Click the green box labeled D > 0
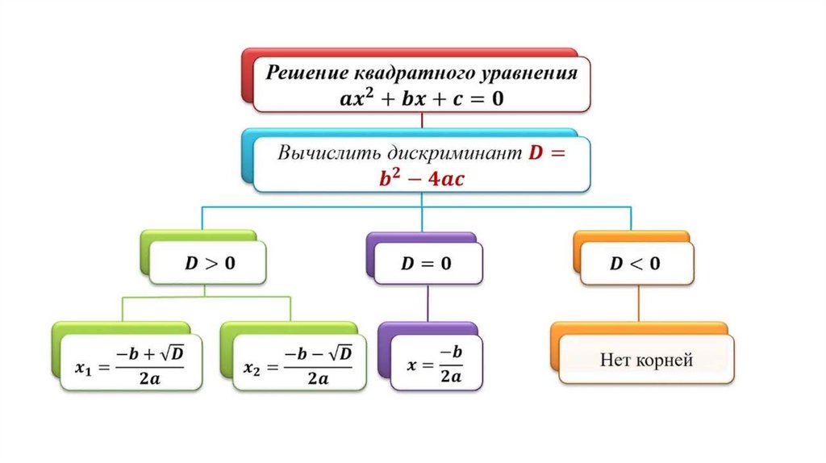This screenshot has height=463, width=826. click(208, 264)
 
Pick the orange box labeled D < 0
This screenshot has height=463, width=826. click(636, 264)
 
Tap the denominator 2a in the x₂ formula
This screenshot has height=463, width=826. click(315, 377)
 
